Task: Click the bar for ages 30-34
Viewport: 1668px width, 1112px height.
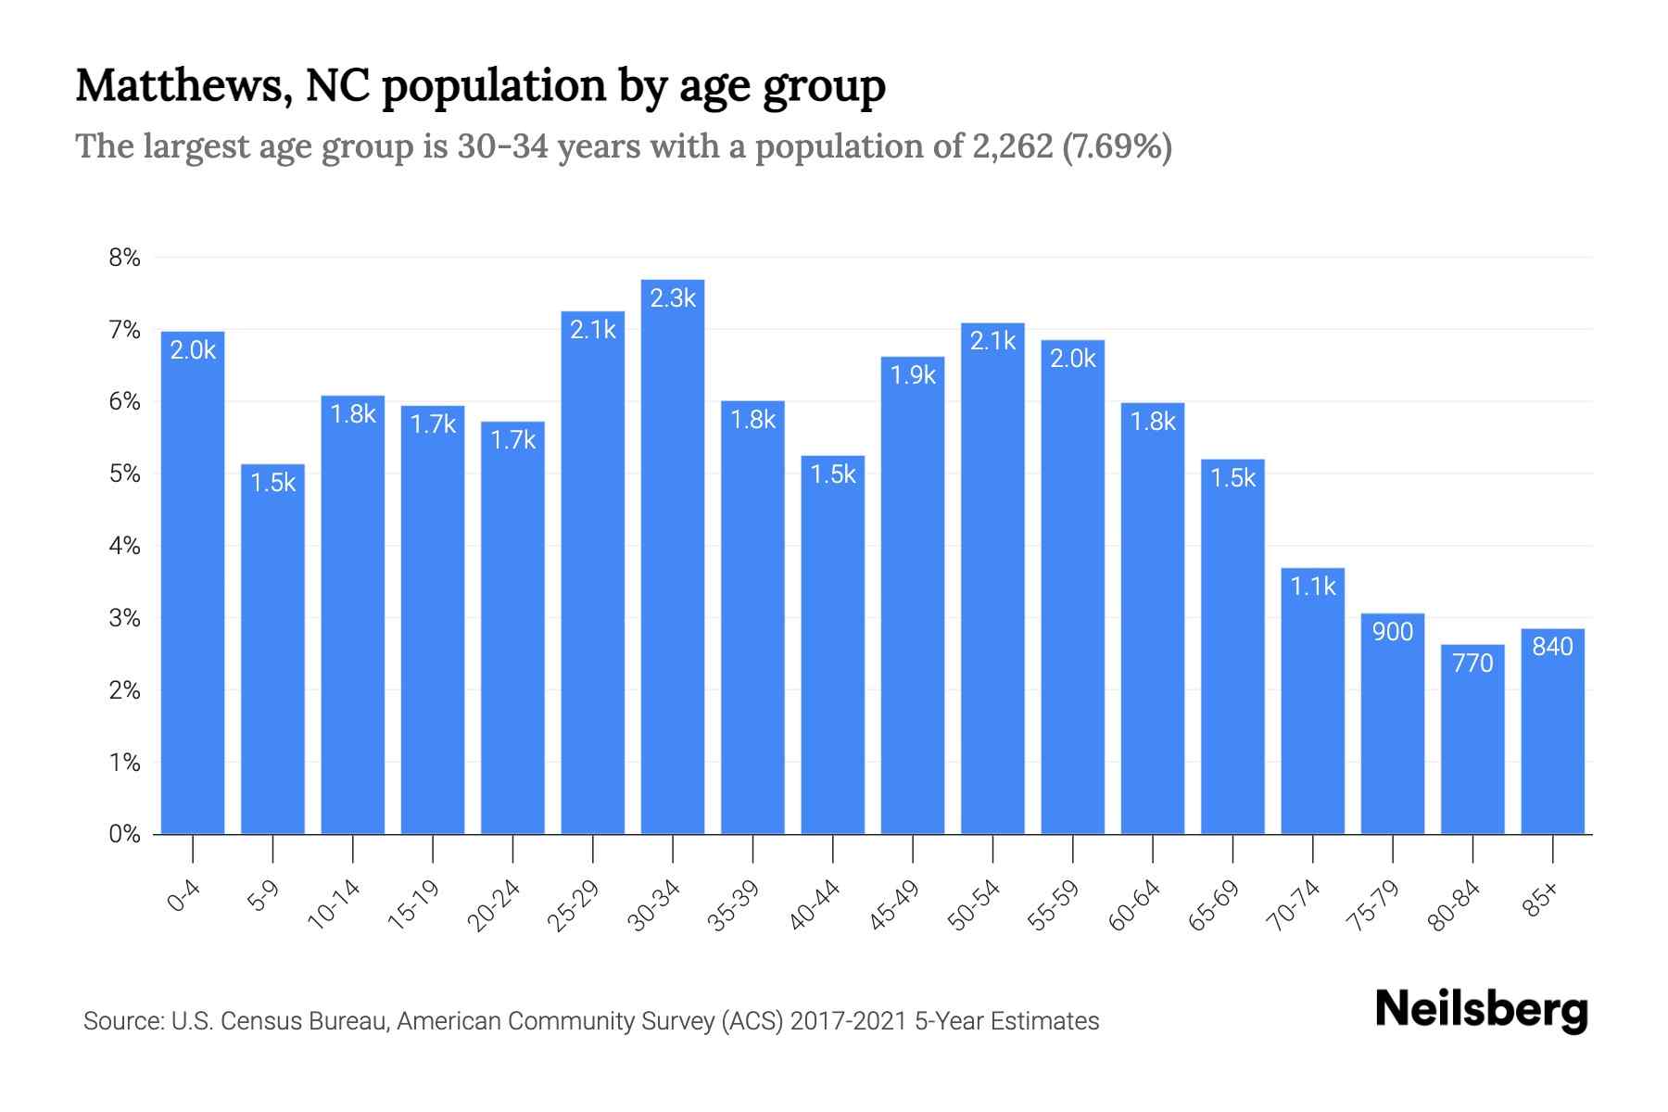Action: click(x=673, y=556)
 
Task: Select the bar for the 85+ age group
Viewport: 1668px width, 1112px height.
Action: click(x=1552, y=732)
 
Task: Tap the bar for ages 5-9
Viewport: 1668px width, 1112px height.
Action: click(x=272, y=649)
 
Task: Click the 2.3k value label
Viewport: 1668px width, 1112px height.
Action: click(x=673, y=298)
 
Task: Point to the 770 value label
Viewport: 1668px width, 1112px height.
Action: click(x=1472, y=663)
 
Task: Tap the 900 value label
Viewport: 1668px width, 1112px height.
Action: click(x=1393, y=632)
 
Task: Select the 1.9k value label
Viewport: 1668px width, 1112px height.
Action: click(x=913, y=375)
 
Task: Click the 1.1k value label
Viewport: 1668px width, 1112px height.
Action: click(x=1312, y=587)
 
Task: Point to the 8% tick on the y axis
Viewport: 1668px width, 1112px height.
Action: click(x=124, y=258)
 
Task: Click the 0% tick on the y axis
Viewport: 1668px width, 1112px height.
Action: click(x=124, y=834)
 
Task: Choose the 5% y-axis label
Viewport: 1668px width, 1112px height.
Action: click(x=124, y=474)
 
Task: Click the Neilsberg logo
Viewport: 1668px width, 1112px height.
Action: click(x=1481, y=1010)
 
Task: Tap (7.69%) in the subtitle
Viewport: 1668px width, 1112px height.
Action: click(x=1117, y=146)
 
